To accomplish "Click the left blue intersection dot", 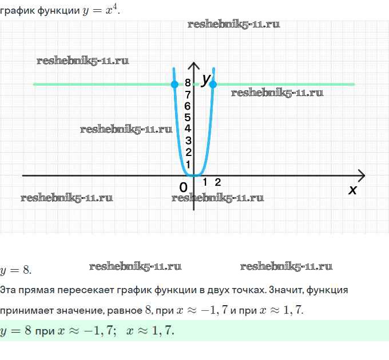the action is coord(174,85).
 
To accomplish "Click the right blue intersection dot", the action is coord(213,85).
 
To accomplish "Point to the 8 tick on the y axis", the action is coord(188,83).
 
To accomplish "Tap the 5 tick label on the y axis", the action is coord(188,117).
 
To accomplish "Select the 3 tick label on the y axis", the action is coord(188,141).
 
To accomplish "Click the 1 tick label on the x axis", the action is coord(205,182).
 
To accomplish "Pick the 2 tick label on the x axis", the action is coord(218,182).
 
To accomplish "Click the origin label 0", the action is coord(183,187).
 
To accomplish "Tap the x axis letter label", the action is coord(352,190).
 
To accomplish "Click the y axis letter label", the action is coord(207,80).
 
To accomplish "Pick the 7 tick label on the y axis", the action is coord(188,95).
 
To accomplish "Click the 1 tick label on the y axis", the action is coord(188,164).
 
